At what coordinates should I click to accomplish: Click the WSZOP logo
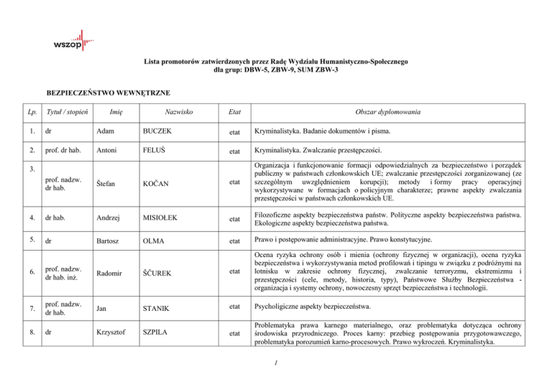click(70, 40)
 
